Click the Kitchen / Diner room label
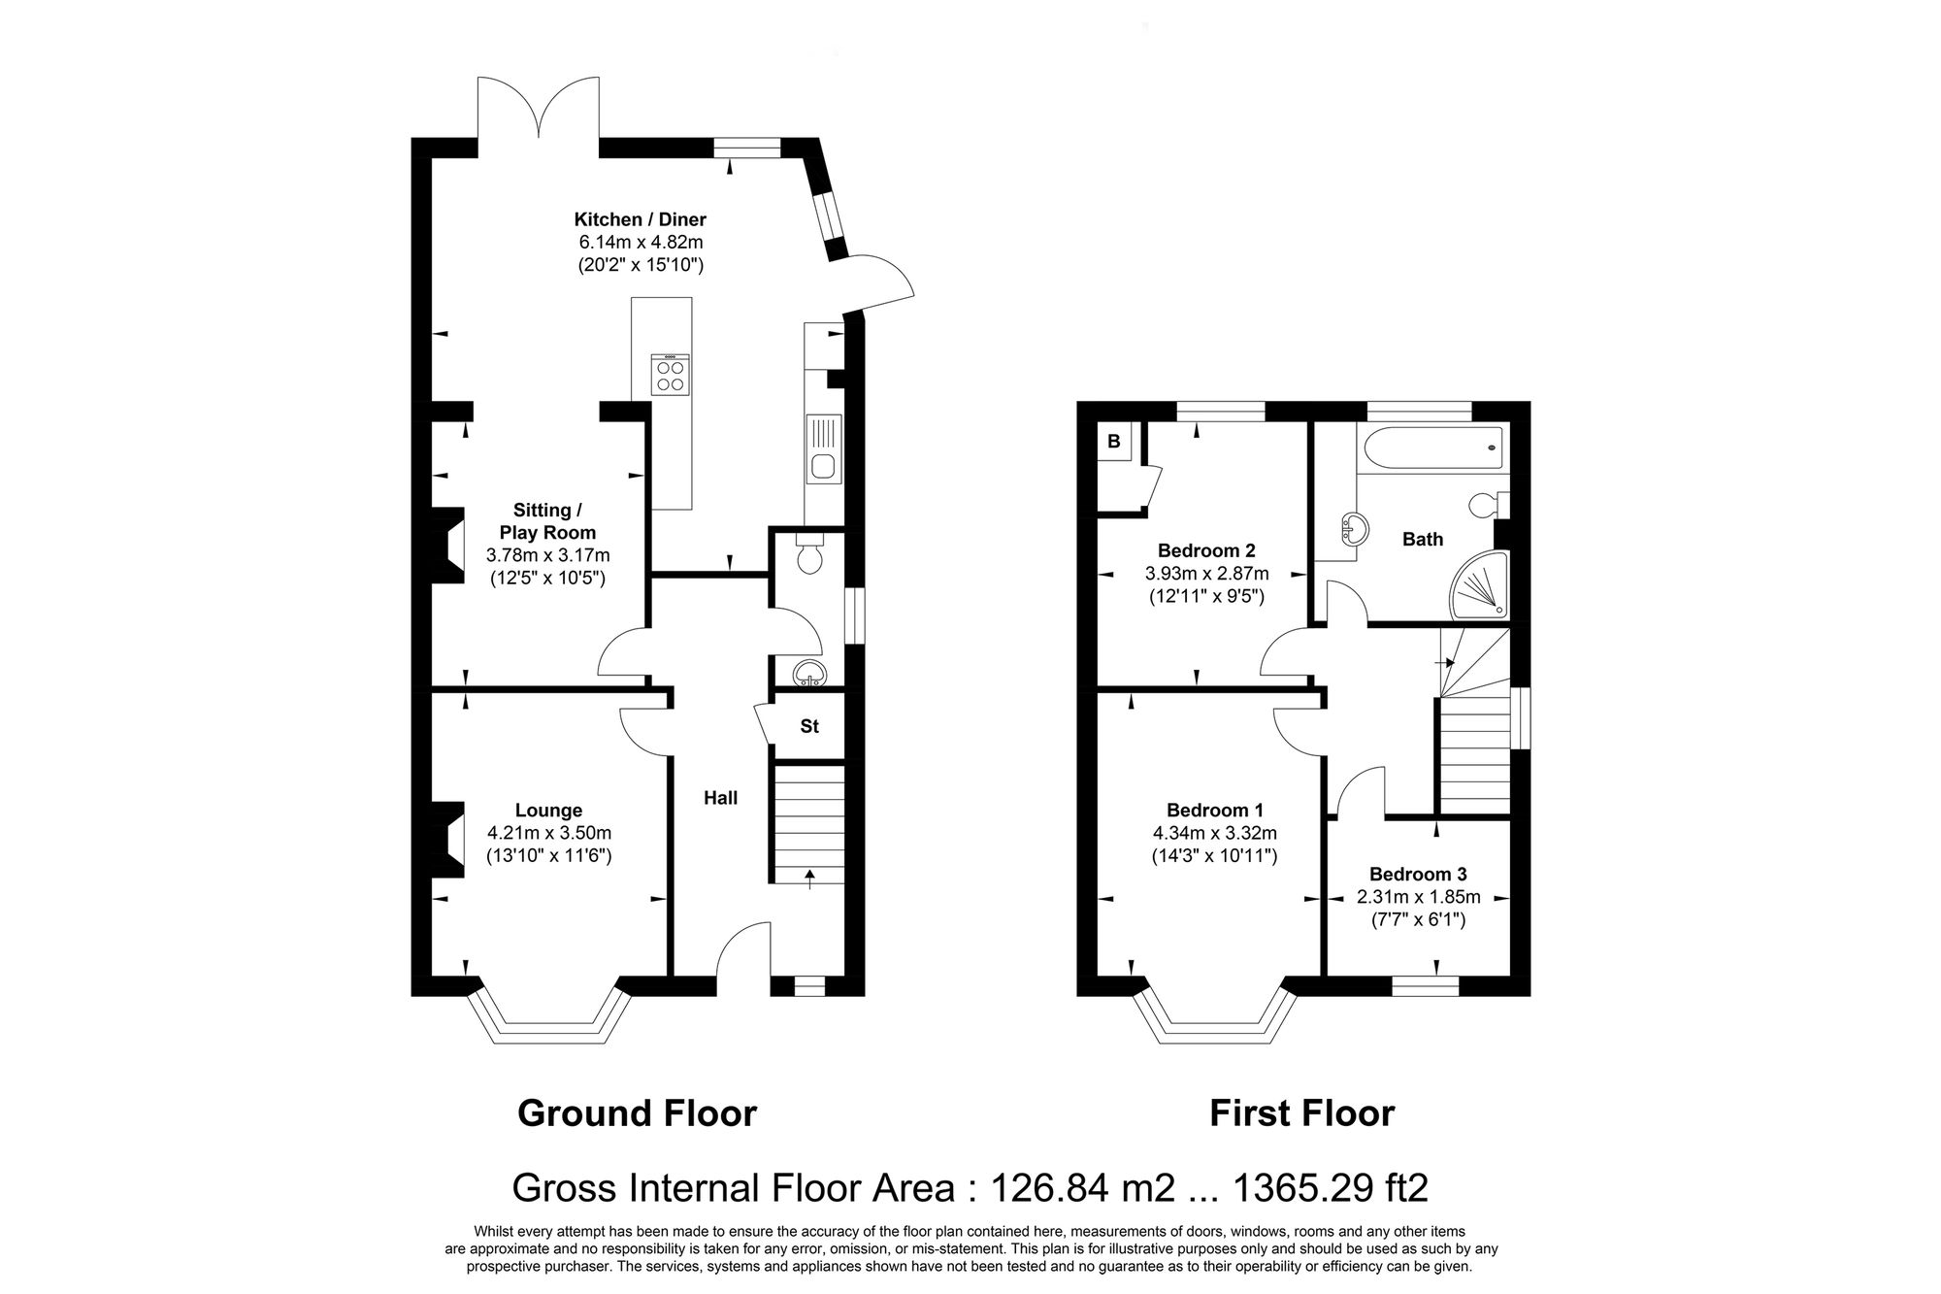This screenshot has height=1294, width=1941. point(640,219)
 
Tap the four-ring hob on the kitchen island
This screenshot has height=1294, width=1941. point(670,375)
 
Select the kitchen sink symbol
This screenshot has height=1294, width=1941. point(824,467)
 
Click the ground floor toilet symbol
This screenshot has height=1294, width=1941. point(807,554)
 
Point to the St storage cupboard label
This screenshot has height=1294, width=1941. point(808,726)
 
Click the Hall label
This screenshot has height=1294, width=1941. point(720,798)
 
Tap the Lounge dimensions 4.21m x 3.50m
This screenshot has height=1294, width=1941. point(548,833)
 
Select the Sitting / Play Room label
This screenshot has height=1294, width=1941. point(547,521)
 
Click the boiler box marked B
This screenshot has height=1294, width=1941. point(1113,442)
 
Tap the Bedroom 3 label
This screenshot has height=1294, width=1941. point(1417,875)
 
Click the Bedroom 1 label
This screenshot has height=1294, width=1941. point(1214,810)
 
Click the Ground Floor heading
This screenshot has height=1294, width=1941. point(637,1112)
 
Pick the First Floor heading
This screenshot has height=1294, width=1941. point(1300,1112)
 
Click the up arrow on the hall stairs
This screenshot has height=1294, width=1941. point(809,877)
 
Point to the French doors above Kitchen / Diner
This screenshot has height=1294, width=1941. point(538,112)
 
